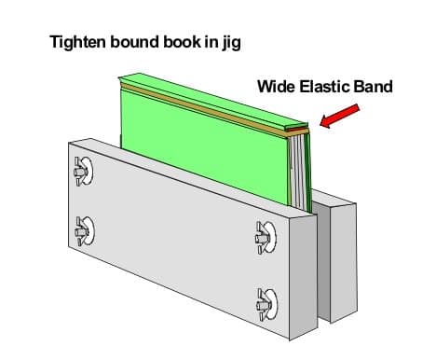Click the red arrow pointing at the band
[x=337, y=117]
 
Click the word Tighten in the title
[x=77, y=43]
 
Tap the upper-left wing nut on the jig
[x=82, y=170]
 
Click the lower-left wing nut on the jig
[x=83, y=227]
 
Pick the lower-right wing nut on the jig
[x=265, y=299]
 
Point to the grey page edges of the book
[x=298, y=173]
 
